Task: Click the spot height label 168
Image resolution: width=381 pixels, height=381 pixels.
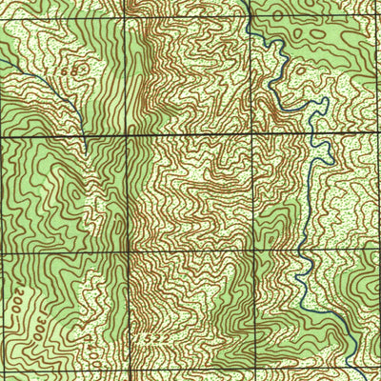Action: [69, 71]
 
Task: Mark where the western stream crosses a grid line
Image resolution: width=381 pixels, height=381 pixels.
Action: [84, 137]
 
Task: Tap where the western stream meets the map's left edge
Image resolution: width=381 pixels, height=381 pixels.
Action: [1, 59]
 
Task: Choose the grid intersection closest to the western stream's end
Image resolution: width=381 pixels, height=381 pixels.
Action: [127, 136]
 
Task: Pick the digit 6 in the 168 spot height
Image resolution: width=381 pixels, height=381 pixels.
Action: [69, 71]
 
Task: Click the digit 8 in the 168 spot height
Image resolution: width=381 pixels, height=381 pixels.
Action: [74, 72]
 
